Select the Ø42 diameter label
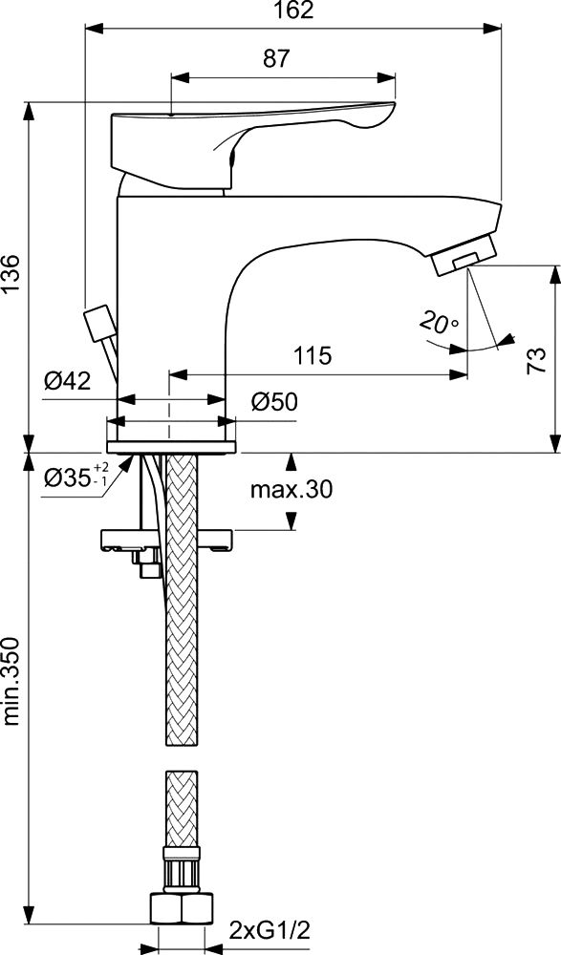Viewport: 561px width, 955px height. [x=67, y=382]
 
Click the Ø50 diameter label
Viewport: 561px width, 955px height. [x=273, y=402]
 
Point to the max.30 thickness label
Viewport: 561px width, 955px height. [x=291, y=488]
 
